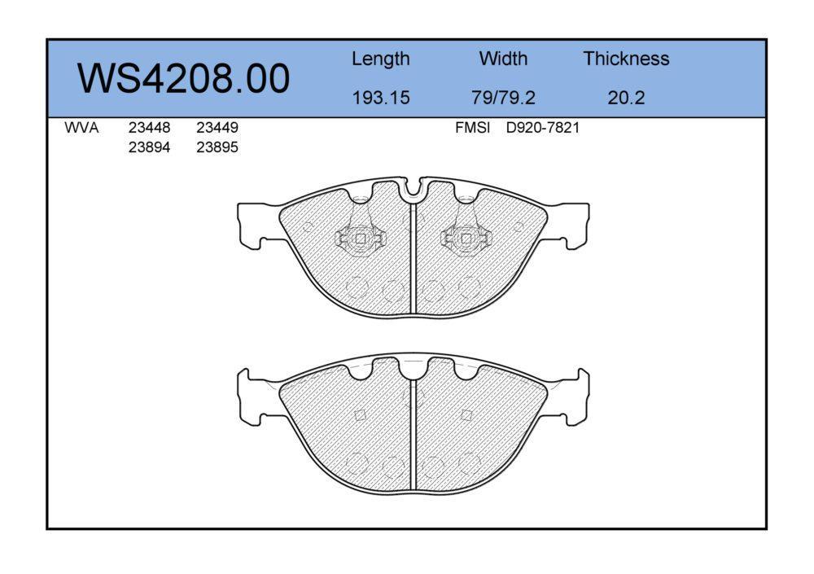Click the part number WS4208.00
183,78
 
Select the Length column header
380,59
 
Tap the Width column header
503,58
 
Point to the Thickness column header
626,58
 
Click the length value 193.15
381,98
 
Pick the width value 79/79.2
503,98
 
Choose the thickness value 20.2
626,98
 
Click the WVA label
81,128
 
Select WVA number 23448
150,128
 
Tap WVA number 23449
217,128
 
